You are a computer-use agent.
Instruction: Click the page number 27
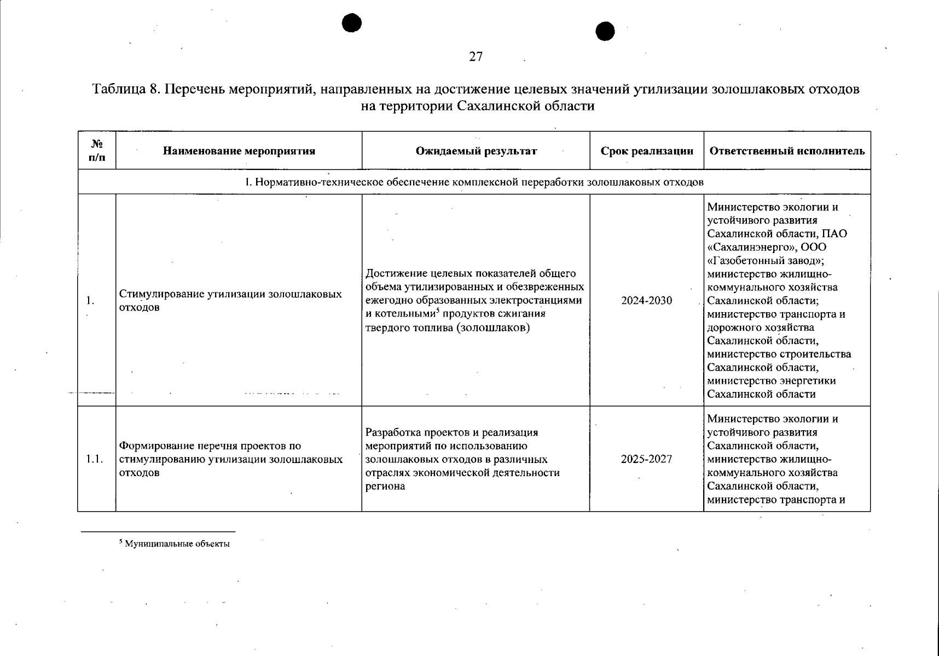tap(476, 56)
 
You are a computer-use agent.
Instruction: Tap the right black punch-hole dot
tap(605, 31)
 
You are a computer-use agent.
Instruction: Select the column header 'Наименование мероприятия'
tap(239, 151)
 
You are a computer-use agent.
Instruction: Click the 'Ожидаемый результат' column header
tap(476, 151)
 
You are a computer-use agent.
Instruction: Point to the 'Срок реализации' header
tap(647, 151)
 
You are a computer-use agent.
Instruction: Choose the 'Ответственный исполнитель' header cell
tap(787, 151)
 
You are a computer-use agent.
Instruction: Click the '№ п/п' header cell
tap(97, 150)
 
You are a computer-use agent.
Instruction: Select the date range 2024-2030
tap(646, 301)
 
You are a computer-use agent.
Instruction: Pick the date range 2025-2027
tap(646, 459)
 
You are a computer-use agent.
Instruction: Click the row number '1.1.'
tap(95, 459)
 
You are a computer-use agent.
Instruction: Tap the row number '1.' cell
tap(90, 301)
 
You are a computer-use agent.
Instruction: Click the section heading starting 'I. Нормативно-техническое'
tap(474, 182)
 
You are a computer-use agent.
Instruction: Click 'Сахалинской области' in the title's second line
tap(525, 106)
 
